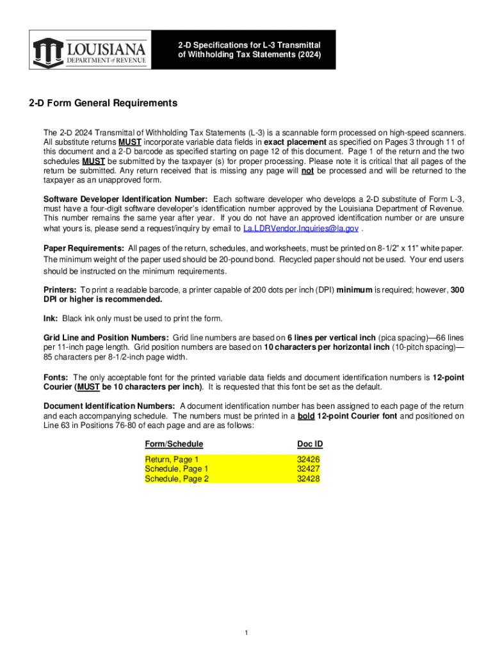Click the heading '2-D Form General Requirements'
(102, 103)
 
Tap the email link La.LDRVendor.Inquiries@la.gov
(301, 229)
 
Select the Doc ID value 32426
(309, 460)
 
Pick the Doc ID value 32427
(309, 469)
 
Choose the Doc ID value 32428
(309, 479)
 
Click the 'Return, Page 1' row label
(172, 460)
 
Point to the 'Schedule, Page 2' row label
(177, 479)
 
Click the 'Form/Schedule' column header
(174, 444)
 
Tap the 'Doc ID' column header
(310, 444)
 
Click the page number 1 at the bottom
(246, 634)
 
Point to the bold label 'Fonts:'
(56, 378)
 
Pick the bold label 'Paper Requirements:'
(84, 248)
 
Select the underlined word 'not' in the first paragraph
(307, 171)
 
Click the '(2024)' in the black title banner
(307, 55)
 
